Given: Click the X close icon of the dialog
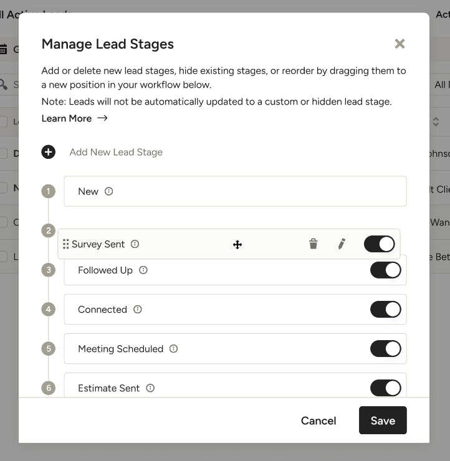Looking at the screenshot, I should pos(400,44).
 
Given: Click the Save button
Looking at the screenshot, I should pos(383,421).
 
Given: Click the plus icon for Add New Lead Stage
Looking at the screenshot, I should pos(49,152).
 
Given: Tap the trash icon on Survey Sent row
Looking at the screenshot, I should pos(314,244).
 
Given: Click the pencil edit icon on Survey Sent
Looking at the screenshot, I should pos(342,244).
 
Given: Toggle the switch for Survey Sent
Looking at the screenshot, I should pos(379,244).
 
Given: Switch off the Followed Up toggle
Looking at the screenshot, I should pos(385,270).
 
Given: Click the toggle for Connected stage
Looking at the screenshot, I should pos(385,310).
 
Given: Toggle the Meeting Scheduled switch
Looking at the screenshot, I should pos(385,349).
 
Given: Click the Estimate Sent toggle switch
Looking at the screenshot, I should pos(385,388).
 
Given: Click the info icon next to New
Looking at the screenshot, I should pos(109,192).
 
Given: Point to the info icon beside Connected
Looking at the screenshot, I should pos(138,310).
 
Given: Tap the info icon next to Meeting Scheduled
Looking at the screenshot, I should pos(174,349).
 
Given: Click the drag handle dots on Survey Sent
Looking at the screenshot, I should pos(66,244).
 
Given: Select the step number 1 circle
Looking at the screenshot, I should pos(49,191).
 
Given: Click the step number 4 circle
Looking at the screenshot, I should pos(49,310).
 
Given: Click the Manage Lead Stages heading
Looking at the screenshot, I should pos(107,44).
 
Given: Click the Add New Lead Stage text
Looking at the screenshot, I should pos(116,152).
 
